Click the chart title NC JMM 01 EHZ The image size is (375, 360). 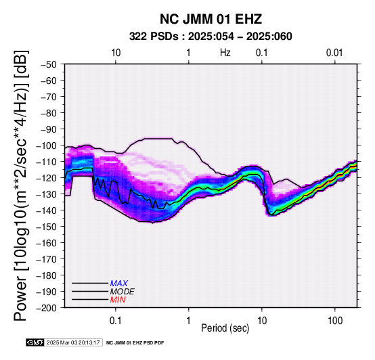(x=211, y=19)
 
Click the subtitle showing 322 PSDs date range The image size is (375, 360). (x=211, y=37)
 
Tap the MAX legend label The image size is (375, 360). (x=119, y=284)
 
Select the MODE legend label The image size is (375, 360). (x=123, y=292)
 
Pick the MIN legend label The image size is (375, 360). (x=118, y=300)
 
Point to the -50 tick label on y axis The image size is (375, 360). (x=49, y=64)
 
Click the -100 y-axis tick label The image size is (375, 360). (x=46, y=145)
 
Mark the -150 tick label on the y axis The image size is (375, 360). (x=46, y=227)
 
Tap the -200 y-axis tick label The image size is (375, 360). (x=46, y=308)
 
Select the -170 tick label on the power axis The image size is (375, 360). (x=46, y=259)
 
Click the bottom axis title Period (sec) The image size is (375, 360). (x=225, y=328)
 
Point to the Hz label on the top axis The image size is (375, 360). (x=225, y=53)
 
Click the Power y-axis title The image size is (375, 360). (x=21, y=185)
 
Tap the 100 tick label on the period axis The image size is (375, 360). (x=335, y=321)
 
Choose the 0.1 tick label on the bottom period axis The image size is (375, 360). (x=116, y=321)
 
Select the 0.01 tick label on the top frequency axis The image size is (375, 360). (x=334, y=53)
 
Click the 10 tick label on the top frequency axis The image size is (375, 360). (x=116, y=53)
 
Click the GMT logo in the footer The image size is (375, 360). (x=35, y=343)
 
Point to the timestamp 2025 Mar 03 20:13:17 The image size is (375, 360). (x=73, y=343)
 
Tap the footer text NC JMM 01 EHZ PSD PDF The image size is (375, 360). (x=135, y=343)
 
